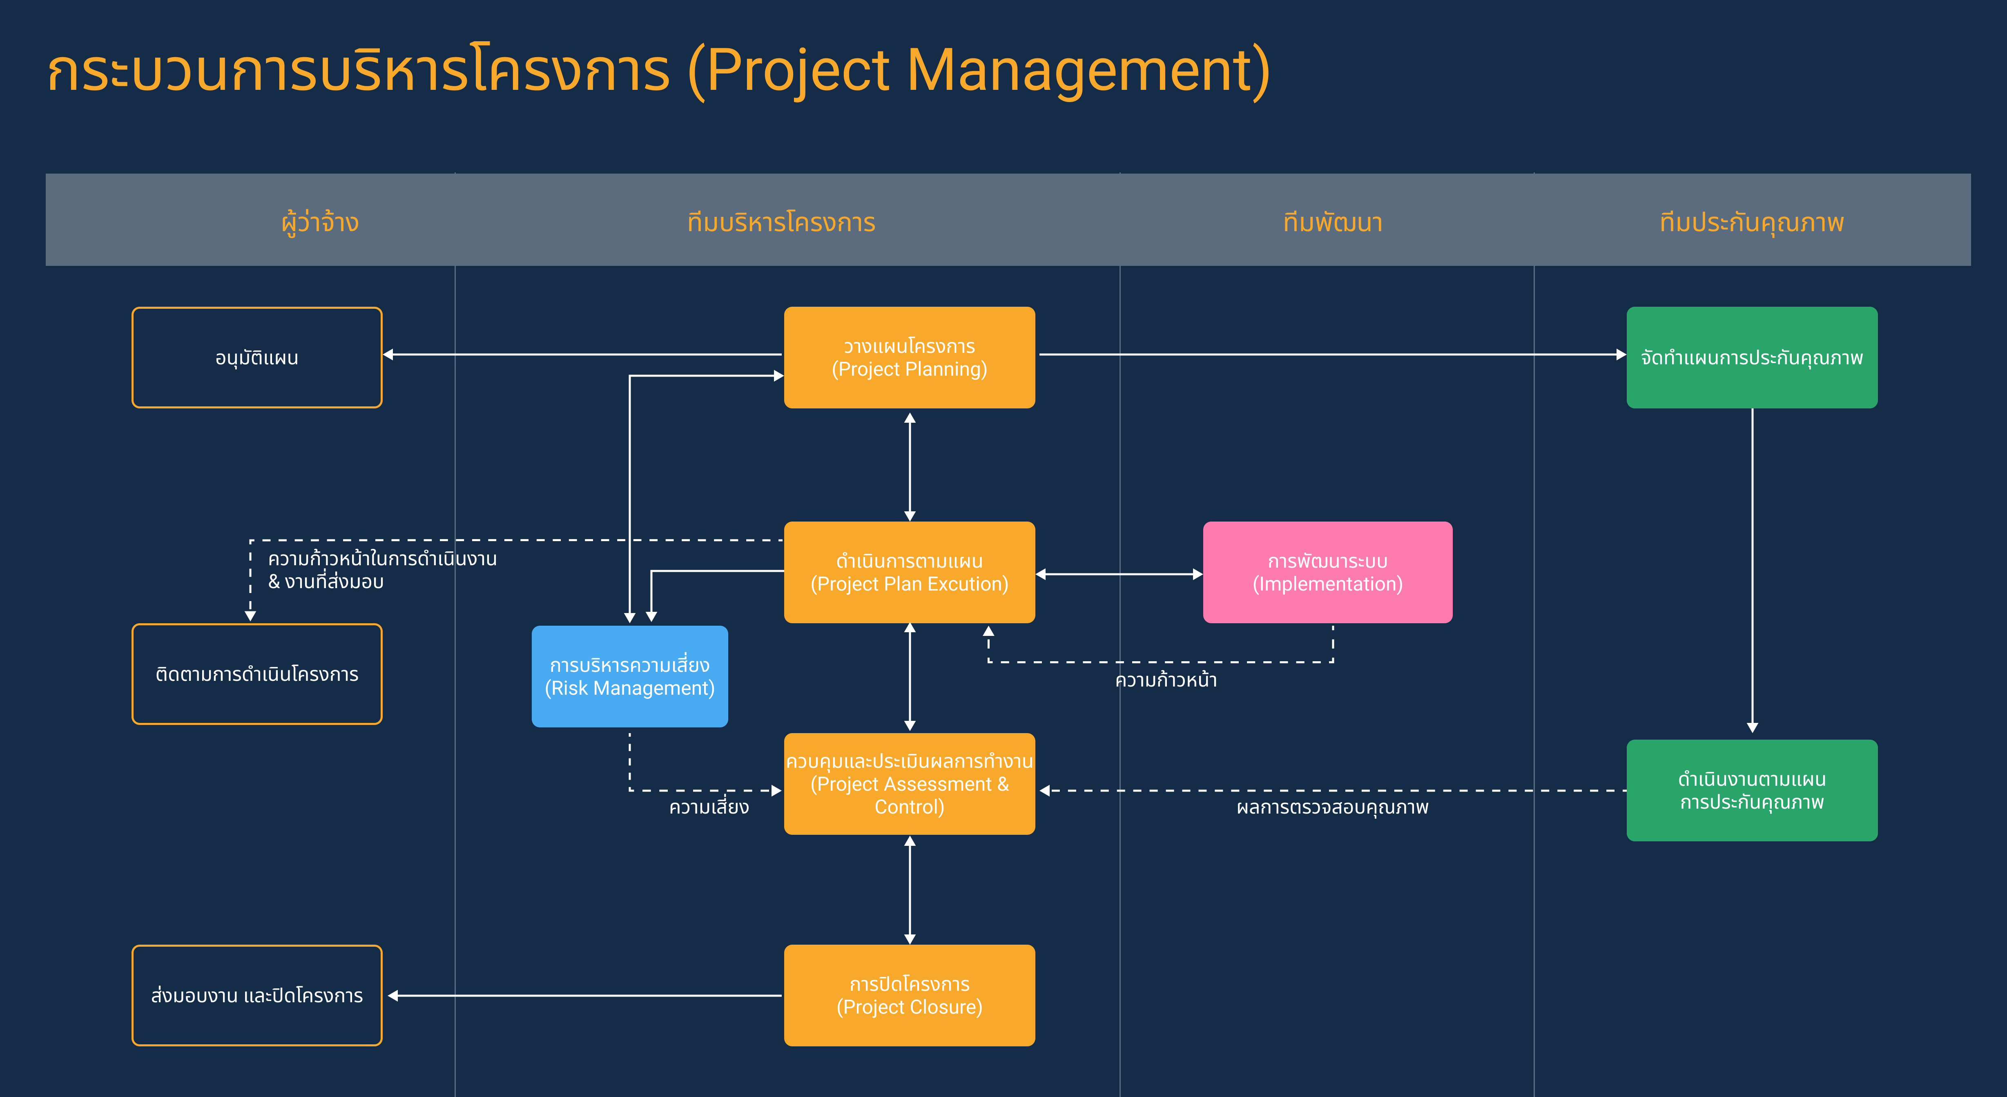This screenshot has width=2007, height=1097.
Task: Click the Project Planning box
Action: pyautogui.click(x=909, y=358)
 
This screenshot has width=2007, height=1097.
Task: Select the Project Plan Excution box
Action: pyautogui.click(x=909, y=573)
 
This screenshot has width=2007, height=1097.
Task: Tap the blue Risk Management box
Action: pyautogui.click(x=629, y=676)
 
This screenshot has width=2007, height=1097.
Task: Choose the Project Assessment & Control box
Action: pyautogui.click(x=909, y=784)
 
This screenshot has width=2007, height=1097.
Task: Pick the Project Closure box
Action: pyautogui.click(x=909, y=996)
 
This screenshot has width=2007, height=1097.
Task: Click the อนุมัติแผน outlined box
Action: pyautogui.click(x=257, y=358)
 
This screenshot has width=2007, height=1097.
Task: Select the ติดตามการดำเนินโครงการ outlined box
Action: pyautogui.click(x=257, y=674)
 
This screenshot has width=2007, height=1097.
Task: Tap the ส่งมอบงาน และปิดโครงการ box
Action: pyautogui.click(x=257, y=996)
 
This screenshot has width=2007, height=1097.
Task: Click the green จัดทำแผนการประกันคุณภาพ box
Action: pyautogui.click(x=1751, y=358)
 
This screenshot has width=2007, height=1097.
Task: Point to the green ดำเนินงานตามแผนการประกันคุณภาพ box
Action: pyautogui.click(x=1751, y=790)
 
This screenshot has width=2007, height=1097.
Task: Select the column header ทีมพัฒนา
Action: pyautogui.click(x=1332, y=222)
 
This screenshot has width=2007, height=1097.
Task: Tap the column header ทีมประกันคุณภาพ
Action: pyautogui.click(x=1751, y=222)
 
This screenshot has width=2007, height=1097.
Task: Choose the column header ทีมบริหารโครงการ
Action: pyautogui.click(x=781, y=222)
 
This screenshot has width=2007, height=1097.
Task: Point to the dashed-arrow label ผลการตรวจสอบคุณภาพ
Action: pyautogui.click(x=1332, y=807)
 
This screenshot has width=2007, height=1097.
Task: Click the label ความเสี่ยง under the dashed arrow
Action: pyautogui.click(x=709, y=807)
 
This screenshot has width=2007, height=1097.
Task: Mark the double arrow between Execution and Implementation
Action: pyautogui.click(x=1119, y=574)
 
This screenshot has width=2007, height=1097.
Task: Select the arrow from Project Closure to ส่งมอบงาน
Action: pyautogui.click(x=584, y=996)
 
